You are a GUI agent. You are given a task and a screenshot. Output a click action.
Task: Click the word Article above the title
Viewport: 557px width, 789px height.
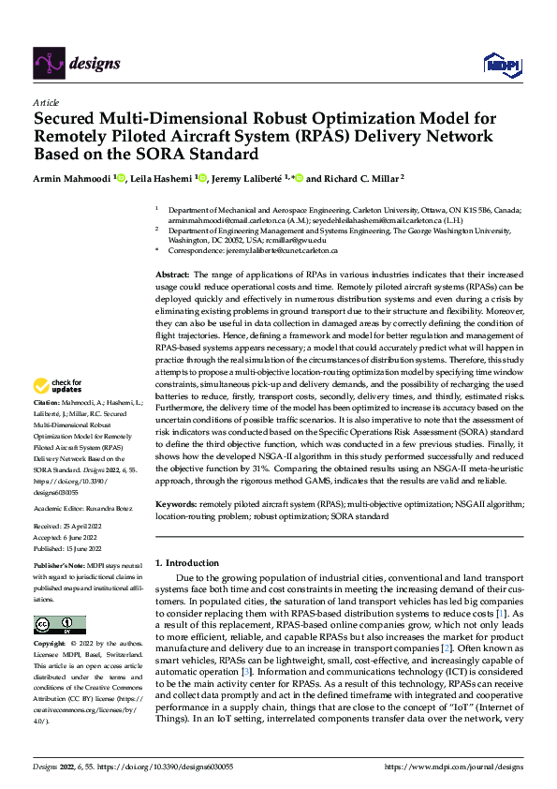pos(46,102)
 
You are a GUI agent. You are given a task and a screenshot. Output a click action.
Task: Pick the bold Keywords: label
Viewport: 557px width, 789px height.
pos(178,504)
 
